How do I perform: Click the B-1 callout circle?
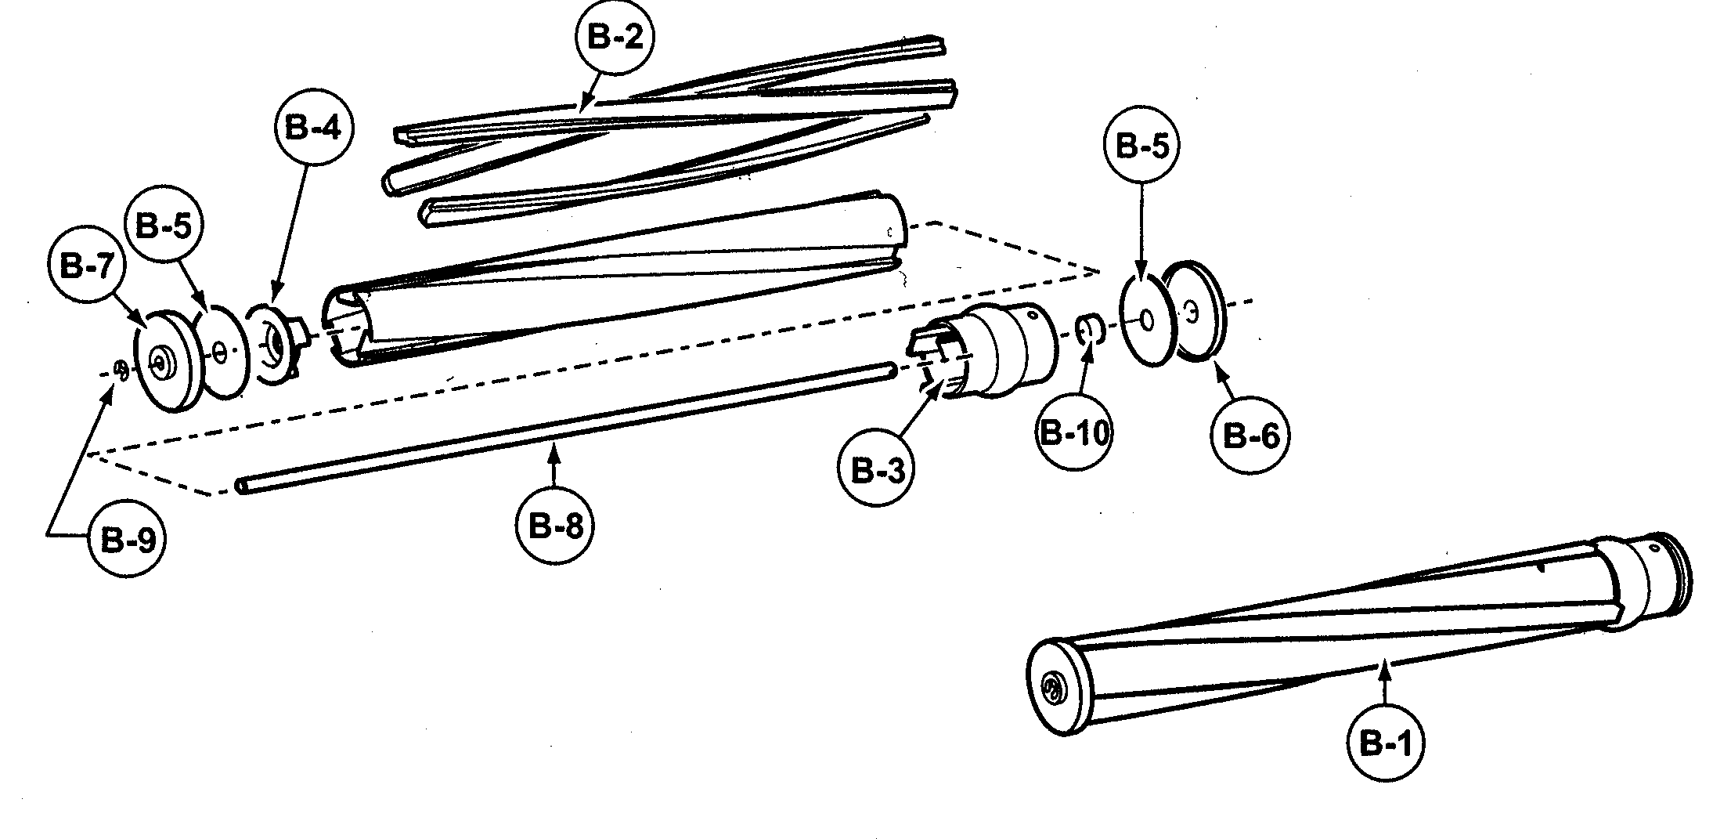pos(1385,743)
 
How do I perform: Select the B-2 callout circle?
pos(615,38)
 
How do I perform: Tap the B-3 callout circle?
pos(877,471)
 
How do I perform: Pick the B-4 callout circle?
pos(313,127)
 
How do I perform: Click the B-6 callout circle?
pos(1250,436)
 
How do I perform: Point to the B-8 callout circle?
pos(556,525)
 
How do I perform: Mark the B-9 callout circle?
pos(125,540)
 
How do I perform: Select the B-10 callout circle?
pos(1074,433)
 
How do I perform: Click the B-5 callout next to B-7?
pos(164,226)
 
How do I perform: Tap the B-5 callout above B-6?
pos(1141,145)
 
